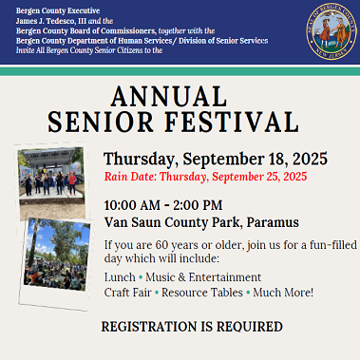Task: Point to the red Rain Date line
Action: tap(205, 177)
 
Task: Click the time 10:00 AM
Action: tap(134, 204)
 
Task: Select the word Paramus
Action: tap(272, 221)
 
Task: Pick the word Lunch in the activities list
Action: tap(119, 276)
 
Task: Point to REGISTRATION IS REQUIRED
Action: tap(192, 326)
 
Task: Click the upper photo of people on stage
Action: tap(54, 180)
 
